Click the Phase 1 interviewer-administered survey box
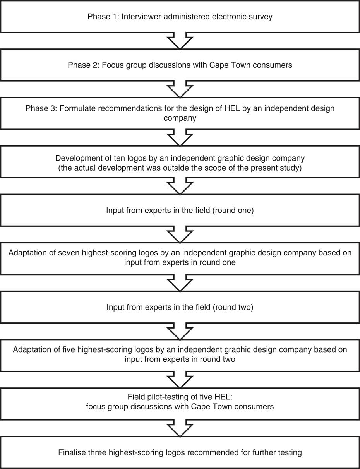pyautogui.click(x=180, y=17)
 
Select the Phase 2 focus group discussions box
pyautogui.click(x=180, y=65)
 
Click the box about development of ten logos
pyautogui.click(x=180, y=163)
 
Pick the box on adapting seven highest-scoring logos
pyautogui.click(x=180, y=258)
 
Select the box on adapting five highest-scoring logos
pyautogui.click(x=180, y=354)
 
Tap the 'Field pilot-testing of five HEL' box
pyautogui.click(x=180, y=402)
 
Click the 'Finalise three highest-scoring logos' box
pyautogui.click(x=180, y=452)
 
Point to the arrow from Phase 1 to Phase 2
pyautogui.click(x=180, y=41)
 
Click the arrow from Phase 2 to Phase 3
pyautogui.click(x=180, y=89)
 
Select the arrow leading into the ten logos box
pyautogui.click(x=180, y=138)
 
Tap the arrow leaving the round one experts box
pyautogui.click(x=180, y=234)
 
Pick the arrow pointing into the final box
pyautogui.click(x=180, y=428)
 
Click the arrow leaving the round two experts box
pyautogui.click(x=180, y=331)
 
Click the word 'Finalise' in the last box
pyautogui.click(x=72, y=452)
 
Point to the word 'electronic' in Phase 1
pyautogui.click(x=231, y=17)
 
